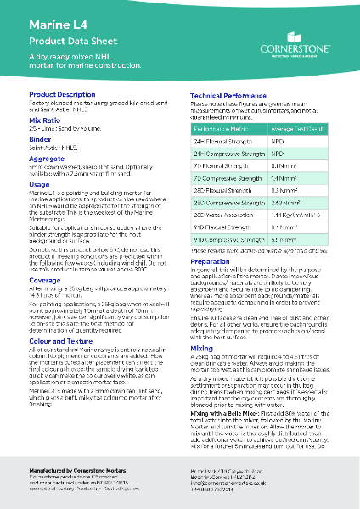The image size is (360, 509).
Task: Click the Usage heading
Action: pyautogui.click(x=39, y=184)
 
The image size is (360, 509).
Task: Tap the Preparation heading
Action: pyautogui.click(x=210, y=262)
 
